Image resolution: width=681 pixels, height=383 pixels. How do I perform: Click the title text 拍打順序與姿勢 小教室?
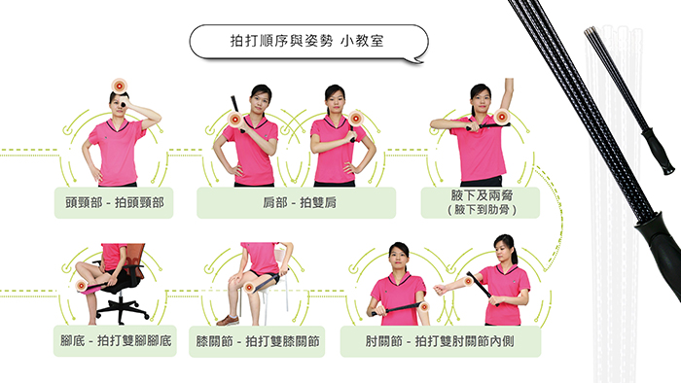pos(306,41)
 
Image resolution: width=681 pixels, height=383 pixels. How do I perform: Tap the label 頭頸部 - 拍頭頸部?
pos(115,202)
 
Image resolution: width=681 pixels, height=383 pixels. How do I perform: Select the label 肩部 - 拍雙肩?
pos(300,202)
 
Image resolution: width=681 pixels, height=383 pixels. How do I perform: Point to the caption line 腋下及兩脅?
pos(482,195)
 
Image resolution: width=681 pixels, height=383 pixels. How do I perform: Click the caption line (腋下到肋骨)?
pos(482,210)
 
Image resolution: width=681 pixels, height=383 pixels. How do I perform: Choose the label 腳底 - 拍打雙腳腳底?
pos(116,340)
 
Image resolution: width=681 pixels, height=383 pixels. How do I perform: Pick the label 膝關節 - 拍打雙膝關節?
pos(258,341)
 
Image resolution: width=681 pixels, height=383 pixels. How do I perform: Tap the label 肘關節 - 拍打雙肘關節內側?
pos(440,341)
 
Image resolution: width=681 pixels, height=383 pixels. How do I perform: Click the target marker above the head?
pos(119,87)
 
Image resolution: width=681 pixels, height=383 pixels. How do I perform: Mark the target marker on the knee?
pos(249,288)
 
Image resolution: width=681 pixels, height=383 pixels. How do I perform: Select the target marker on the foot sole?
pos(81,286)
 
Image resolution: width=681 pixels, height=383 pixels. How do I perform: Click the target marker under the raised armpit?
pos(502,117)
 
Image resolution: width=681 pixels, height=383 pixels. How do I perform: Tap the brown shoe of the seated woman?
pos(228,321)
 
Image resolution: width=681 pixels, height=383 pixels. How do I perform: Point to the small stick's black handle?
pos(659,152)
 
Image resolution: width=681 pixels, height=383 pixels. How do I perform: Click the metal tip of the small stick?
pos(590,32)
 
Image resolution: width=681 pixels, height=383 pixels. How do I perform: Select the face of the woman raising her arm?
pos(481,100)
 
